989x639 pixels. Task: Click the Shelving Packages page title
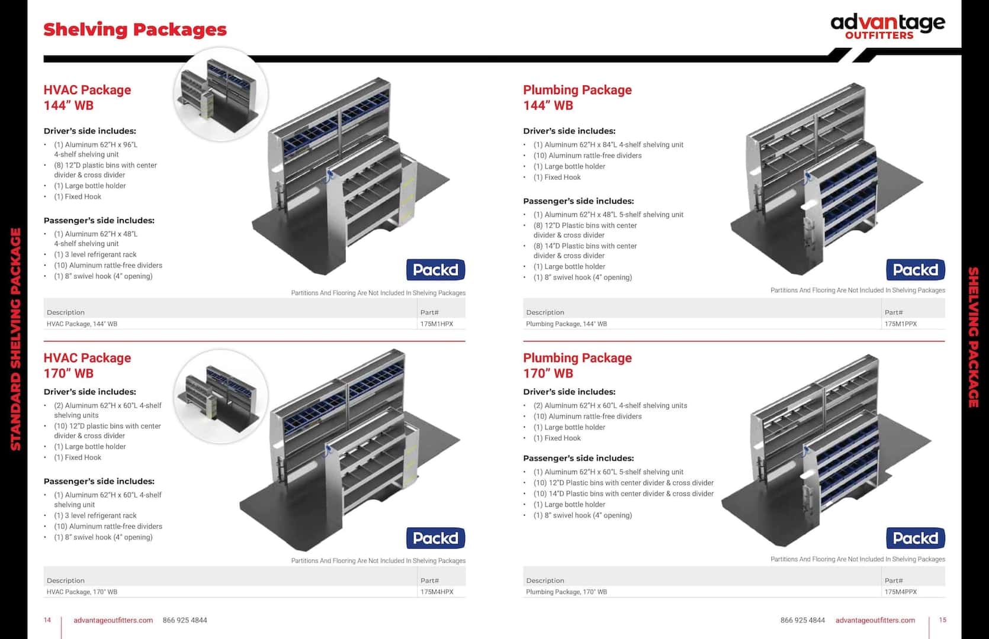[x=134, y=30]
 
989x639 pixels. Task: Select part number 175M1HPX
[x=436, y=324]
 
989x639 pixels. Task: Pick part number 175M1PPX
[x=901, y=324]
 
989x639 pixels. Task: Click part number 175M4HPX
[x=436, y=592]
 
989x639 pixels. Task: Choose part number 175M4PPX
[x=901, y=592]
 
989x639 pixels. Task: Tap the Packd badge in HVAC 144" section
[x=435, y=269]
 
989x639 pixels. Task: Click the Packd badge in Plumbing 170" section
[x=915, y=538]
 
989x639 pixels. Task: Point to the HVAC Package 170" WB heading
[x=87, y=366]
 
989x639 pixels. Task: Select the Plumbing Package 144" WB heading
[x=577, y=98]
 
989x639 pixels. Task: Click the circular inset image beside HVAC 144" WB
[x=221, y=95]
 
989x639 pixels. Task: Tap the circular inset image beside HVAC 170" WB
[x=221, y=397]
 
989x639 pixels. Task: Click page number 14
[x=47, y=620]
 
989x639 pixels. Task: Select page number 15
[x=942, y=620]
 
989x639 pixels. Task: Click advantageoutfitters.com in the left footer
[x=113, y=620]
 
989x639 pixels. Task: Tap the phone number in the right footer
[x=802, y=620]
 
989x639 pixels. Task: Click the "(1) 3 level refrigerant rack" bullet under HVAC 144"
[x=95, y=254]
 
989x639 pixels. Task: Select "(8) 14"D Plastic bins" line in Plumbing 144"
[x=585, y=250]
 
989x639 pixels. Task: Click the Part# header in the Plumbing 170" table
[x=894, y=580]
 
